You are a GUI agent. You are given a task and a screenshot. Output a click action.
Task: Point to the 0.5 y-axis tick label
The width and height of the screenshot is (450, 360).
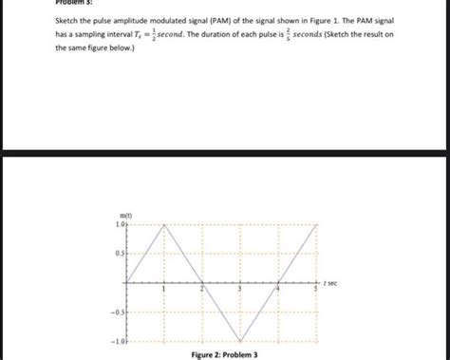pyautogui.click(x=119, y=254)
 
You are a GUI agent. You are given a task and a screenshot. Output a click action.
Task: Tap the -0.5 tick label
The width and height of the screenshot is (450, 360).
pyautogui.click(x=117, y=312)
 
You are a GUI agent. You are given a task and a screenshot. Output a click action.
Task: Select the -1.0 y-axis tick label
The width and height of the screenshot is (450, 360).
pyautogui.click(x=117, y=341)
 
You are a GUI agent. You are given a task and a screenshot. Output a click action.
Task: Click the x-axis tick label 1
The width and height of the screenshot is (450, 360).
pyautogui.click(x=164, y=288)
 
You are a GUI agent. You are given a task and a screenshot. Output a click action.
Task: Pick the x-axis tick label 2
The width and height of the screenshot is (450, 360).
pyautogui.click(x=202, y=288)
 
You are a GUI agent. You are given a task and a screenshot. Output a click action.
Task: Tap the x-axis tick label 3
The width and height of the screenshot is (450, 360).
pyautogui.click(x=240, y=288)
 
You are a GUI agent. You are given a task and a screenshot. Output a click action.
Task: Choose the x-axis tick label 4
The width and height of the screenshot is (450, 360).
pyautogui.click(x=278, y=288)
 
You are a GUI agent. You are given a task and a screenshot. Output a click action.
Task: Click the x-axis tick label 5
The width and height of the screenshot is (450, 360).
pyautogui.click(x=316, y=288)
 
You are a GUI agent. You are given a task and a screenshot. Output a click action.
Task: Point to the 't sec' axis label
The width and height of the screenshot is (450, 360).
pyautogui.click(x=331, y=283)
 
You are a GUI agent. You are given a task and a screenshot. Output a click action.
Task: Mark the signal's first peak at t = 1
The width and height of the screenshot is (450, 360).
pyautogui.click(x=164, y=225)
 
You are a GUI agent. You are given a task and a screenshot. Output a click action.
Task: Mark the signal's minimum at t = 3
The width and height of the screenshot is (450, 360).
pyautogui.click(x=240, y=341)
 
